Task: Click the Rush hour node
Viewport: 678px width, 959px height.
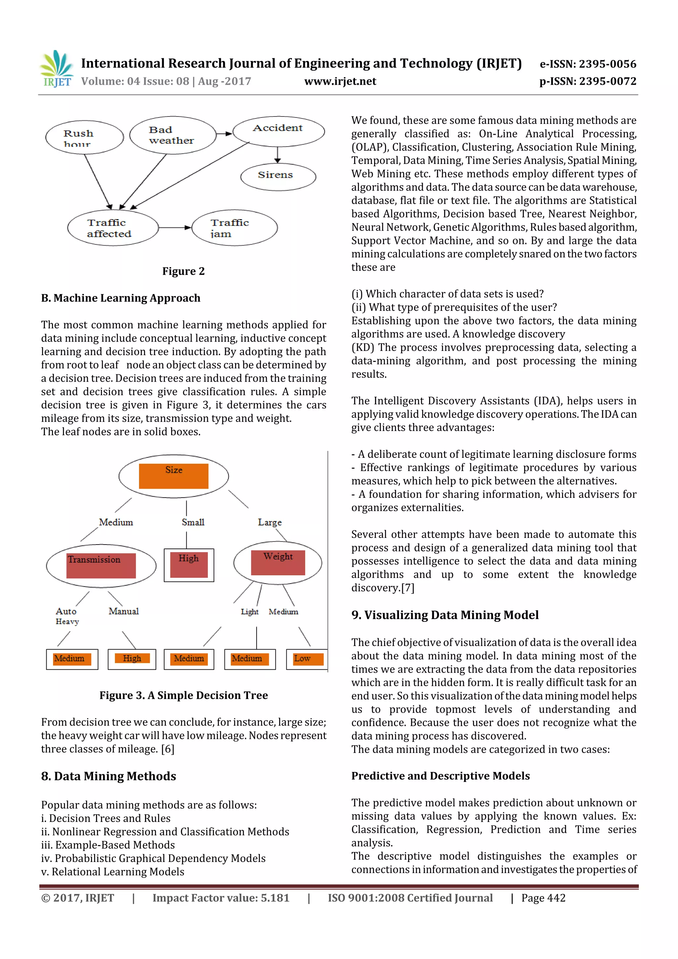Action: click(84, 137)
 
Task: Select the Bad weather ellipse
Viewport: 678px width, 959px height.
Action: click(172, 135)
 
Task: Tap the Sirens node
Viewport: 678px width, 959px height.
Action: click(278, 176)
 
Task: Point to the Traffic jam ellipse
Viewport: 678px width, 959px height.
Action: click(234, 228)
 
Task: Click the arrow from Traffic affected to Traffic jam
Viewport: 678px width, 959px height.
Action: click(174, 228)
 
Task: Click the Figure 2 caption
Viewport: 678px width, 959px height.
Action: click(183, 271)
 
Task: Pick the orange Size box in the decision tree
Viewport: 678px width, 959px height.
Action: click(173, 476)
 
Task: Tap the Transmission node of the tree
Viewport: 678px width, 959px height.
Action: click(101, 565)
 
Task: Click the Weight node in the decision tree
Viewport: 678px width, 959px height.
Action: click(278, 562)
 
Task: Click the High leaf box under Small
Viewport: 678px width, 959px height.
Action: click(189, 565)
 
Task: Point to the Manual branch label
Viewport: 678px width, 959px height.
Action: click(124, 611)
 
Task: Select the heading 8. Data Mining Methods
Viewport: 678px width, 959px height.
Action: click(108, 776)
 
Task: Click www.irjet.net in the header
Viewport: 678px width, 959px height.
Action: click(340, 81)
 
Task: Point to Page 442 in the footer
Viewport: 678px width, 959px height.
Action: click(543, 898)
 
